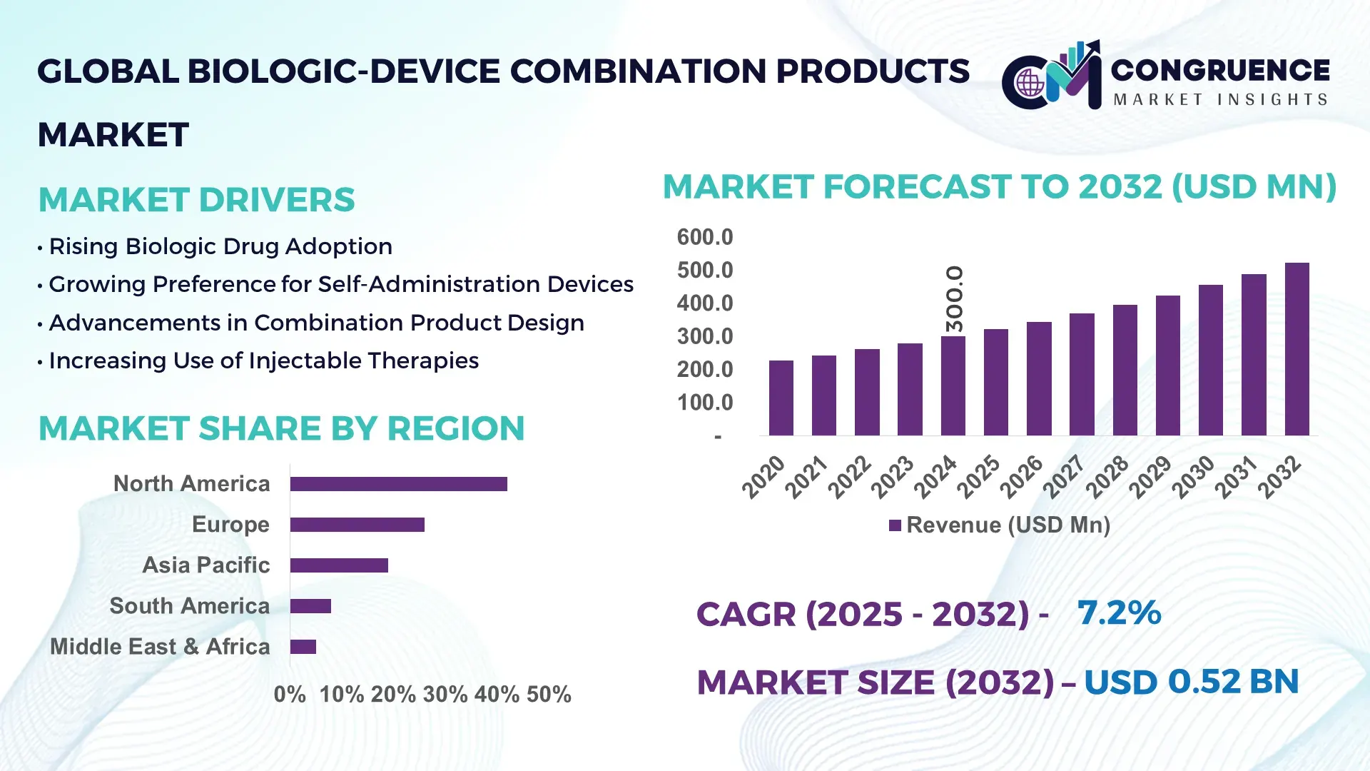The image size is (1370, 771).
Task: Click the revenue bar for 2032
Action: tap(1297, 350)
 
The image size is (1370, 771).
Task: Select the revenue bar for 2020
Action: tap(781, 398)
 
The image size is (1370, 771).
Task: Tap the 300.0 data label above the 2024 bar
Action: tap(954, 298)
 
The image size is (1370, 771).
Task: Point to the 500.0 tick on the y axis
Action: tap(704, 271)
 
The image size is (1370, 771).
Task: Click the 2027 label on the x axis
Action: tap(1064, 476)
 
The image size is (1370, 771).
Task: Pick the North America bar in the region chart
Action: tap(398, 484)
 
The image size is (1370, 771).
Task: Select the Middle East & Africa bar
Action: tap(303, 647)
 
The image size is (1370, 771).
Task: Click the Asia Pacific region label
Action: tap(205, 565)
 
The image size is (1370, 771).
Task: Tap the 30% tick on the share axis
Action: tap(445, 695)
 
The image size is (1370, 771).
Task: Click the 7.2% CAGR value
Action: tap(1118, 613)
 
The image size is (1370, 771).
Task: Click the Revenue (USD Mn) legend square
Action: tap(895, 526)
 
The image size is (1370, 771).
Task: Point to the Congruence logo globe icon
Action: tap(1030, 84)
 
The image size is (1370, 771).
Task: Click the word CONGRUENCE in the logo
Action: tap(1219, 71)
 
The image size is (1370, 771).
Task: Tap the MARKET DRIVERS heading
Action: tap(196, 200)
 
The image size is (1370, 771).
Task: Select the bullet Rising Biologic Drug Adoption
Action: tap(220, 247)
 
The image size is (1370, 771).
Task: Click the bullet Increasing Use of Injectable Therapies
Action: tap(263, 361)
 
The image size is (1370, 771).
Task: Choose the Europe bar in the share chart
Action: tap(357, 525)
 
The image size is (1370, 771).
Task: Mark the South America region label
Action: tap(189, 606)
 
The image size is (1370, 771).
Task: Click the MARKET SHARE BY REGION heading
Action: tap(281, 429)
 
